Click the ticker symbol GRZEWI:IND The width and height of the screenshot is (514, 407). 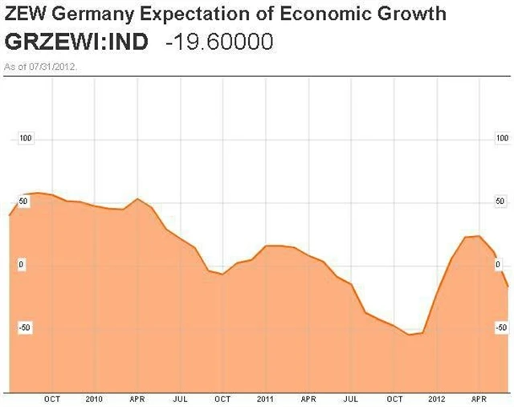pos(76,42)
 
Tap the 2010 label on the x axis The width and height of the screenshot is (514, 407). pos(94,399)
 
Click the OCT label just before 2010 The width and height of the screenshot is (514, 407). pos(52,399)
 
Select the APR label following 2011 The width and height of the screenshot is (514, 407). pos(308,399)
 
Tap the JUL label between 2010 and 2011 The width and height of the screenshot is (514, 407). pos(180,399)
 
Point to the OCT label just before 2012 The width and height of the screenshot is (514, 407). pos(395,399)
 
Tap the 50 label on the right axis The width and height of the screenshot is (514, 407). pos(499,201)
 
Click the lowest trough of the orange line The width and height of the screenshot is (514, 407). pos(409,334)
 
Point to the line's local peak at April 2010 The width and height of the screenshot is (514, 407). pos(137,199)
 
